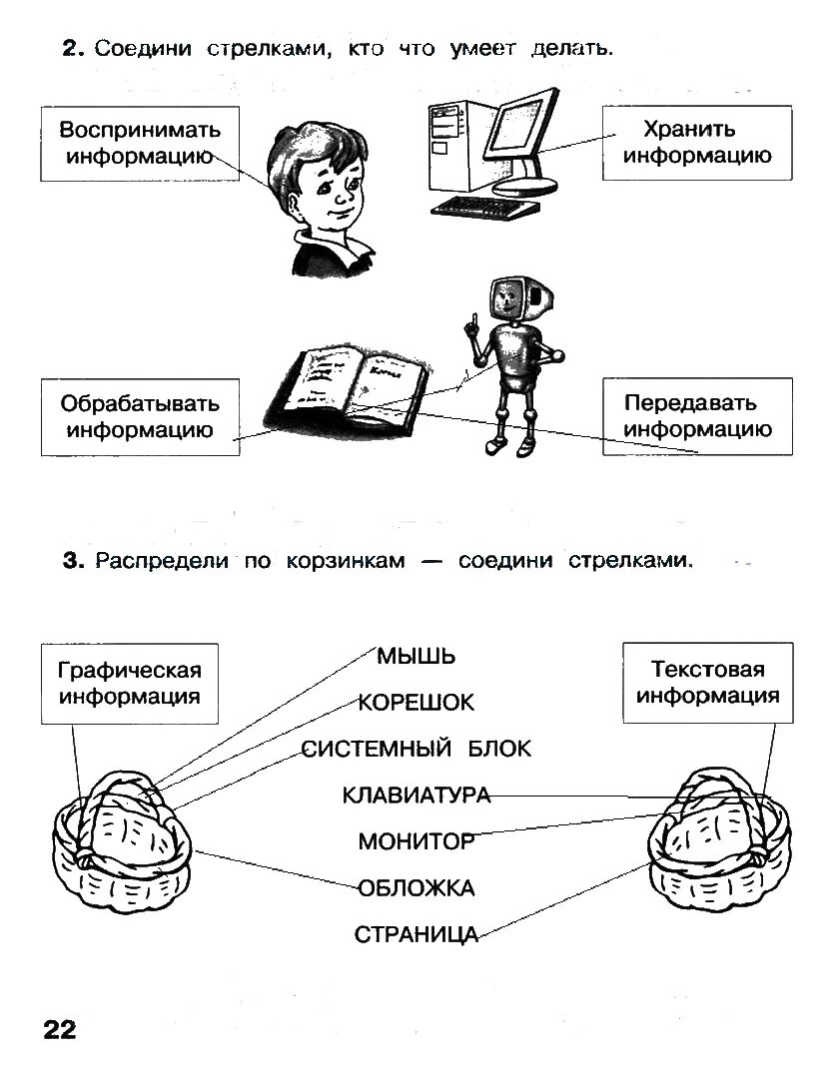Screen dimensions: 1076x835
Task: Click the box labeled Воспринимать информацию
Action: (140, 143)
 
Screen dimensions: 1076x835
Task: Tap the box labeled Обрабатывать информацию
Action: (140, 417)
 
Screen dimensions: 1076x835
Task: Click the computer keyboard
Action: (486, 206)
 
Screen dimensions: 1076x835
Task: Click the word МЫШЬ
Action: (417, 656)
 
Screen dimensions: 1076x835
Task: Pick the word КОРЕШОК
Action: (417, 703)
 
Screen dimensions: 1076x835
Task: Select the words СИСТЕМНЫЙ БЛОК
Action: (417, 749)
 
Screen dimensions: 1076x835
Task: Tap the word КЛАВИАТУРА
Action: (417, 796)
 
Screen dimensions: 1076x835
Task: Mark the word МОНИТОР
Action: (417, 841)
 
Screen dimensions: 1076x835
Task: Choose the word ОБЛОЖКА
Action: (417, 888)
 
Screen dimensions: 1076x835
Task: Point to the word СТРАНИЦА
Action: (417, 935)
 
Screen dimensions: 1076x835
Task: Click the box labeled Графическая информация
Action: (130, 683)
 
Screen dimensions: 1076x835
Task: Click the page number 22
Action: (59, 1029)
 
